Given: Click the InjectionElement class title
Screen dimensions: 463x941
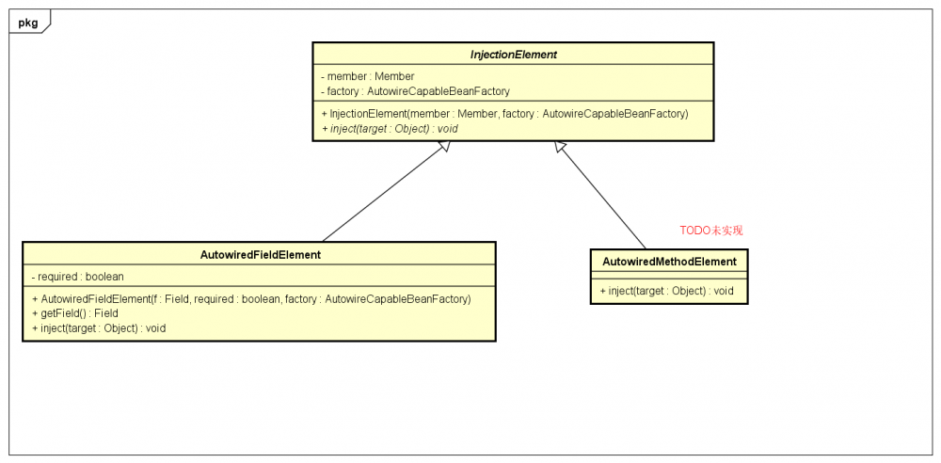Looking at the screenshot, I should tap(513, 55).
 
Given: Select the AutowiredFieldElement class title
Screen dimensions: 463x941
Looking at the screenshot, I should tap(260, 254).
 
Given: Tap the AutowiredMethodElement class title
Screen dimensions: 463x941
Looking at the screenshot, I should tap(669, 262).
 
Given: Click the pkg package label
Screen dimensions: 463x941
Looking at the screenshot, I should tap(28, 23).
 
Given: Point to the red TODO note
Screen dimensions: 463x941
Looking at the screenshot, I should tap(710, 231).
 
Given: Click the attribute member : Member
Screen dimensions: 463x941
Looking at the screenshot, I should tap(367, 76).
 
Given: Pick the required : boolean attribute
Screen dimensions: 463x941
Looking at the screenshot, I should tap(77, 277).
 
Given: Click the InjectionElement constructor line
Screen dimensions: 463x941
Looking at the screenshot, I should tap(504, 113).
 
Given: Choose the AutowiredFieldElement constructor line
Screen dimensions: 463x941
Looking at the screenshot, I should tap(250, 298).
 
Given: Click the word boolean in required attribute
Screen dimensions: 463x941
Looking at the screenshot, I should tap(104, 277).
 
